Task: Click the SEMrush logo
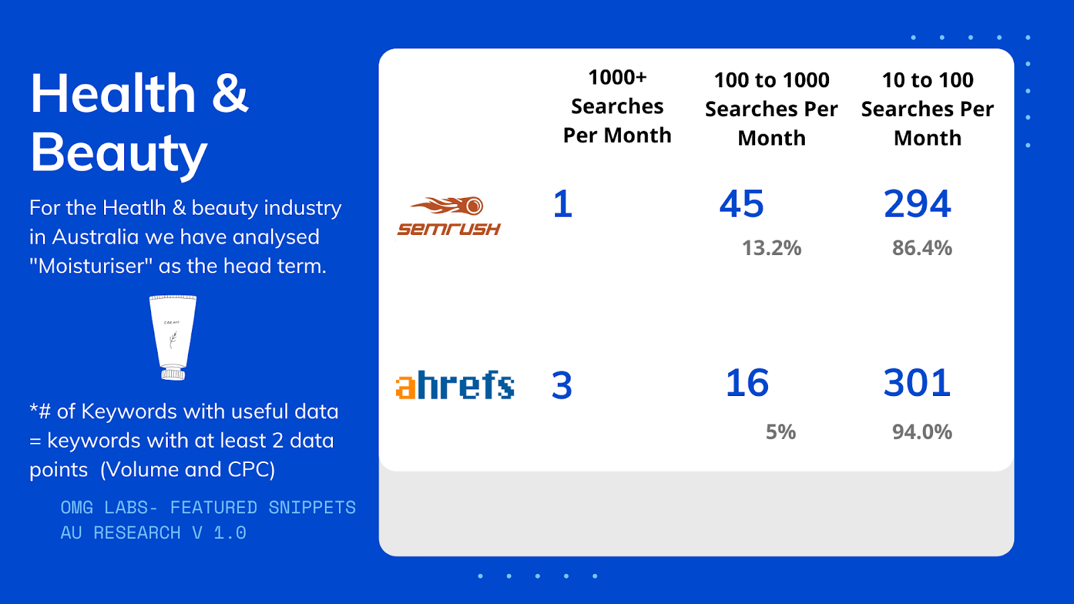[x=449, y=216]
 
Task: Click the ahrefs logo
[x=455, y=385]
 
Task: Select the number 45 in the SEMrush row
[x=741, y=204]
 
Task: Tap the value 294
[x=917, y=204]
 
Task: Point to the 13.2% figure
[x=771, y=248]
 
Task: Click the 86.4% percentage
[x=922, y=248]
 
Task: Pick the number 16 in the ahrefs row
[x=747, y=383]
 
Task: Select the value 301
[x=917, y=383]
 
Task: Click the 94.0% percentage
[x=922, y=432]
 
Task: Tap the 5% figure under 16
[x=781, y=432]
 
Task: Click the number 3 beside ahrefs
[x=562, y=385]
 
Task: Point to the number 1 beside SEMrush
[x=563, y=204]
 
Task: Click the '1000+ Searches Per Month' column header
[x=617, y=107]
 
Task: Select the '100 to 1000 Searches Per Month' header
[x=771, y=109]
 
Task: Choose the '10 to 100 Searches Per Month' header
[x=927, y=109]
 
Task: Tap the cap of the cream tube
[x=173, y=373]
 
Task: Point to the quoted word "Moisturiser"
[x=91, y=266]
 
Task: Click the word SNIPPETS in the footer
[x=312, y=507]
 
